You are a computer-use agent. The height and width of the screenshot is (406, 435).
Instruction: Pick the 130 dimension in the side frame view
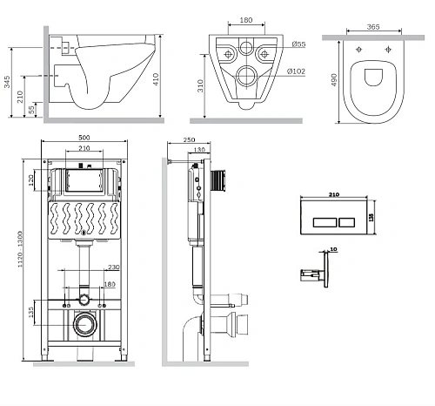(x=202, y=150)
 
